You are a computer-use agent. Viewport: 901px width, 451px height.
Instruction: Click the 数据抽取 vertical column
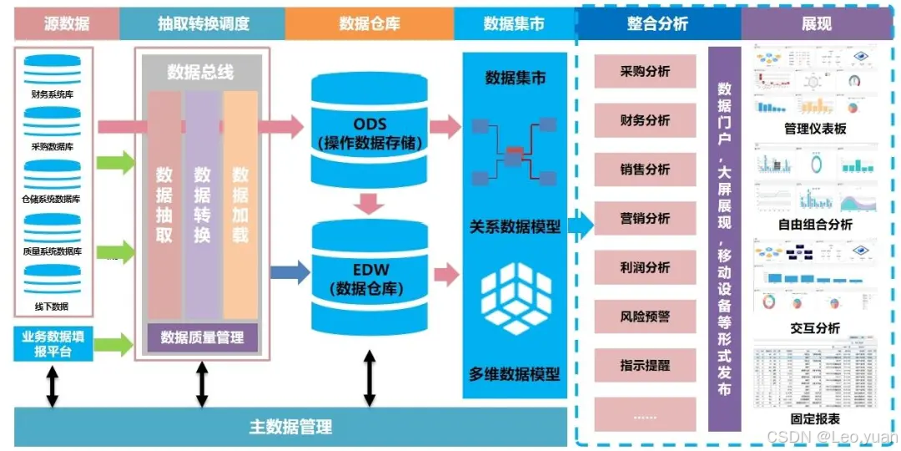pos(164,205)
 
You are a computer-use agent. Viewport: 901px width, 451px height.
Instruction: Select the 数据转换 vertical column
pos(202,205)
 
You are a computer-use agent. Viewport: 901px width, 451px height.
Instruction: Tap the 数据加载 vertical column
pos(240,205)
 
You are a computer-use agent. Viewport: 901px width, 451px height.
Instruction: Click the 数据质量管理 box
pos(202,337)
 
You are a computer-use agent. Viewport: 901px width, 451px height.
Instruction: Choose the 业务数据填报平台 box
pos(53,344)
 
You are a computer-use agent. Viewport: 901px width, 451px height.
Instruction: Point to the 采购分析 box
pos(645,72)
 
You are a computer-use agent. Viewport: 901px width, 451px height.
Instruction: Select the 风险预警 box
pos(645,317)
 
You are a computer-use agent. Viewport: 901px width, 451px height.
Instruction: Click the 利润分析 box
pos(645,267)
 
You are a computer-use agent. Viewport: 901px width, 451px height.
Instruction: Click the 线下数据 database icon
pos(53,281)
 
